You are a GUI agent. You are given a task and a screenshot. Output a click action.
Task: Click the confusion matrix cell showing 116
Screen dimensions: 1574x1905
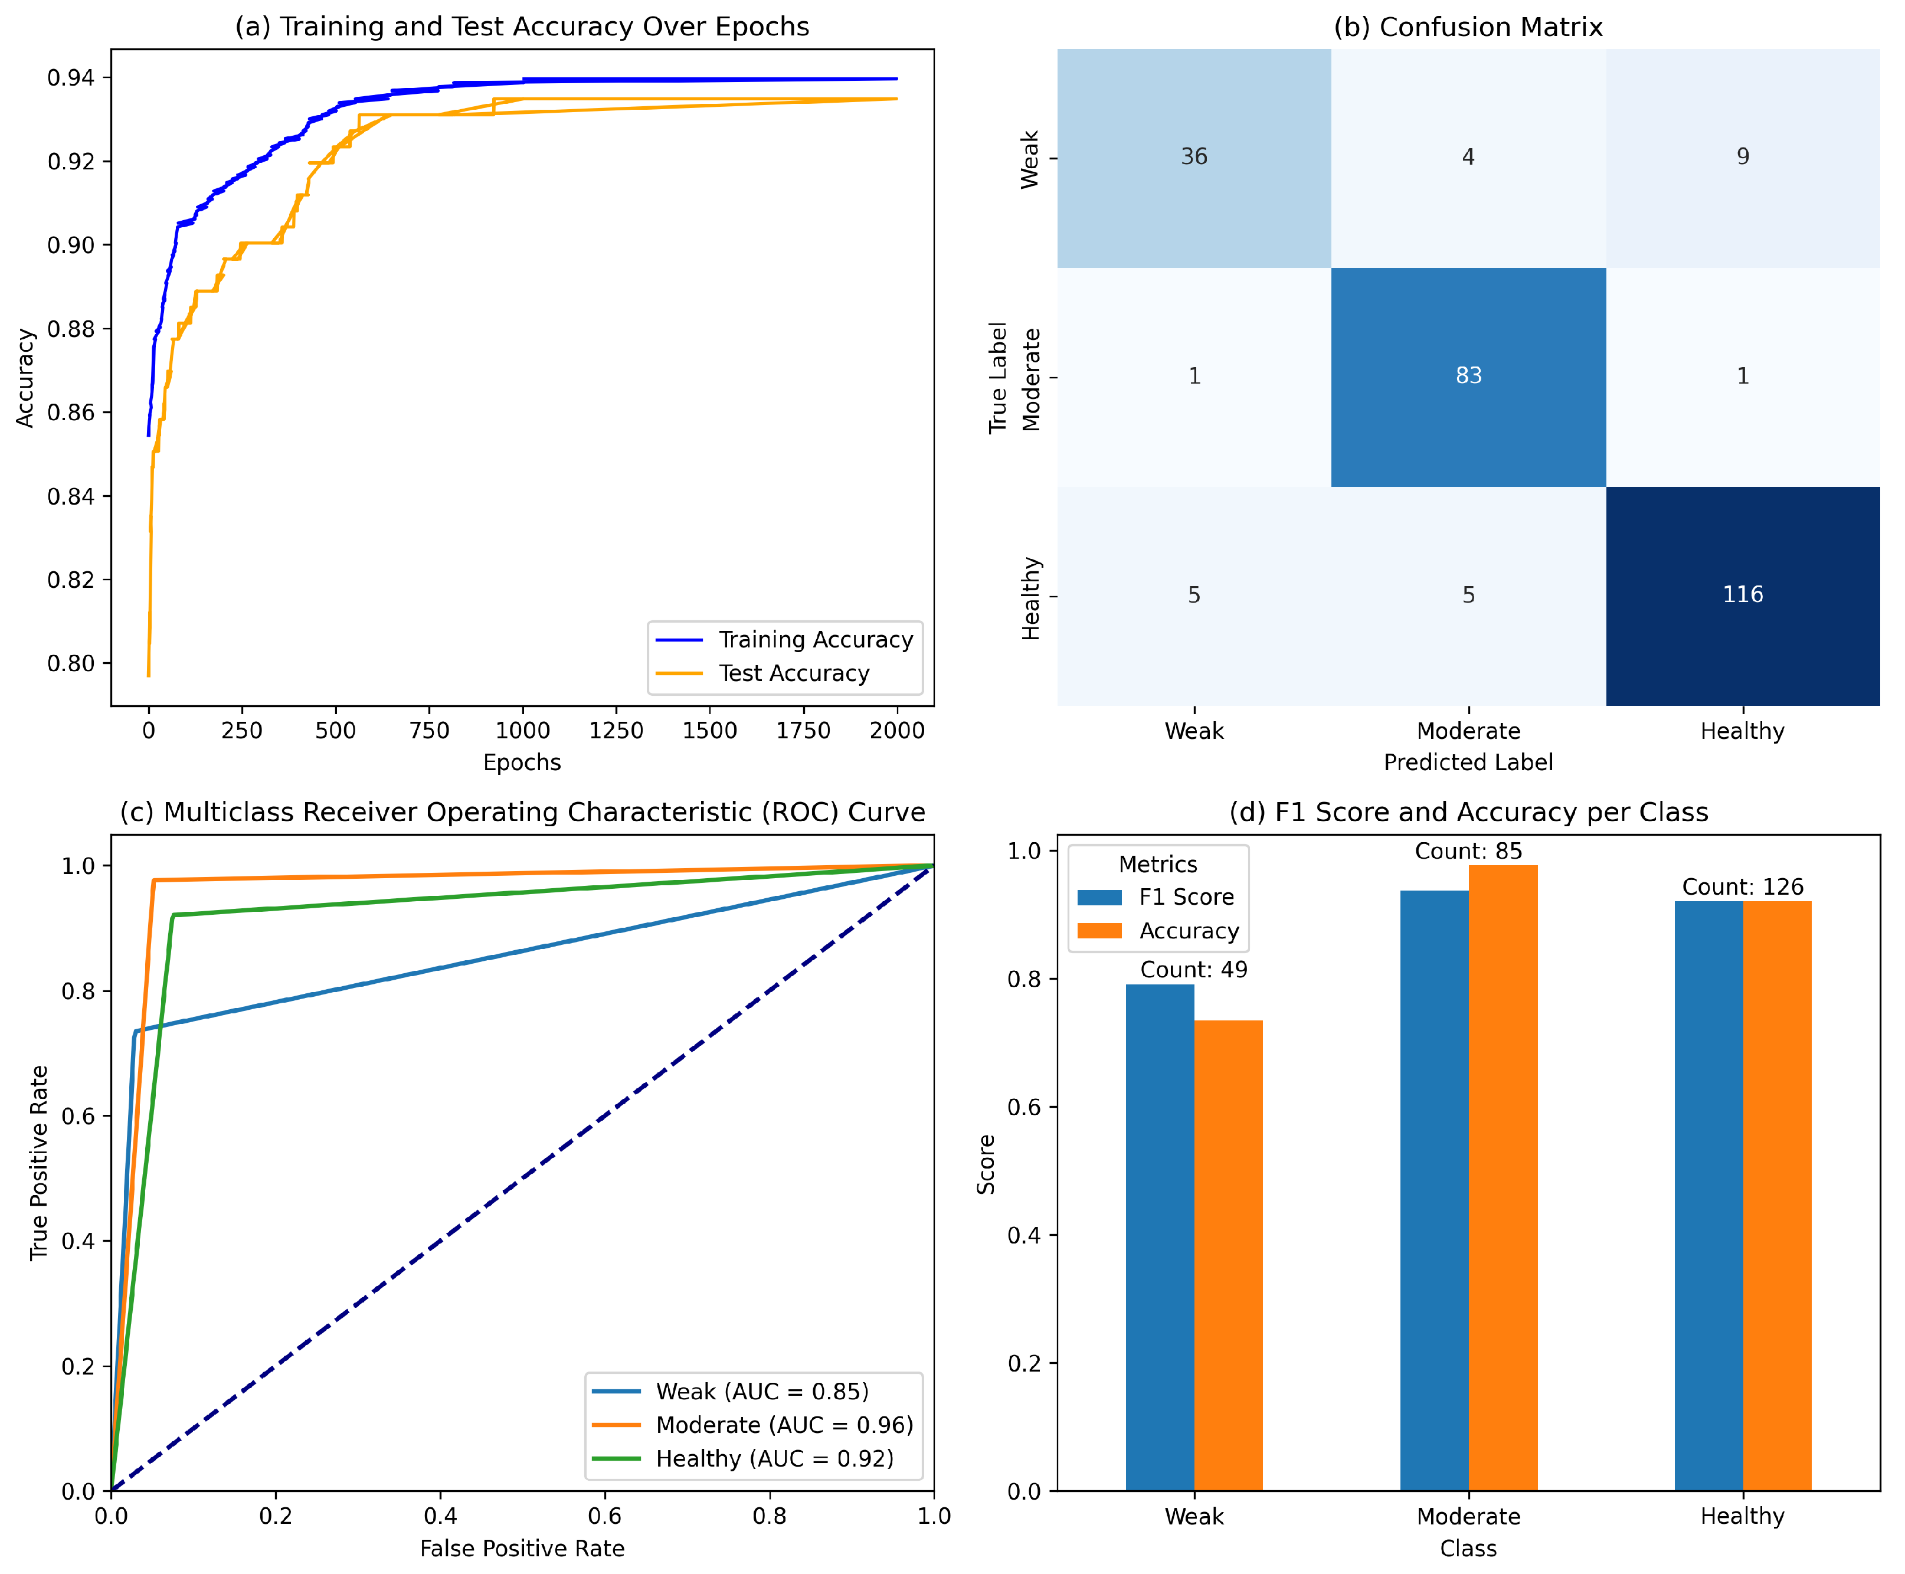(1741, 595)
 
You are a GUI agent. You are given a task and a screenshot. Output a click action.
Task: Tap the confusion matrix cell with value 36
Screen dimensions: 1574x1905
(1193, 157)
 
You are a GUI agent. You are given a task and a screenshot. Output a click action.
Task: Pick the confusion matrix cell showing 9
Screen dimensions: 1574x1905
(1741, 157)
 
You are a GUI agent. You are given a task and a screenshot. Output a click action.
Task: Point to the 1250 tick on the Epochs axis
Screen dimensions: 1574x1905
(616, 731)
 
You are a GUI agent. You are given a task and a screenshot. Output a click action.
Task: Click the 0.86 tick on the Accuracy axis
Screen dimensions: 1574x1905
(71, 413)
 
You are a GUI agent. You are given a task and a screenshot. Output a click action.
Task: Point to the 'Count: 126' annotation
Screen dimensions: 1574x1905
(1742, 886)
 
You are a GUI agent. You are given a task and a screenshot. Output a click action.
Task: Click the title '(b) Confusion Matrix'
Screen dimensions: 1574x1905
(1467, 27)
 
